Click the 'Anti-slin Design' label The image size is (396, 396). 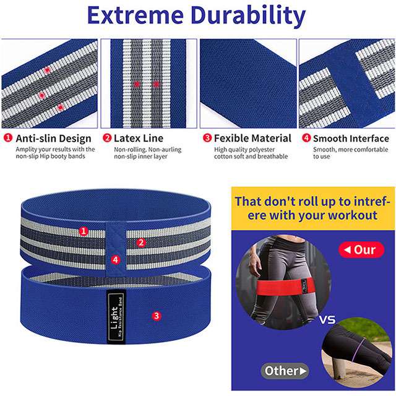point(53,139)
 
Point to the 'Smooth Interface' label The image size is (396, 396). point(351,139)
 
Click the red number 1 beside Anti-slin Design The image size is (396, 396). point(7,139)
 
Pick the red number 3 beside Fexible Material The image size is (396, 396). point(207,139)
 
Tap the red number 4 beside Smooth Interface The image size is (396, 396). point(306,139)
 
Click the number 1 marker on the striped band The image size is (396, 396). point(84,231)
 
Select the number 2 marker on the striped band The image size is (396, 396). point(141,243)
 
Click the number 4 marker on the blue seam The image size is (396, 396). point(114,259)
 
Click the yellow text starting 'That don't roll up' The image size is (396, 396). point(313,209)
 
